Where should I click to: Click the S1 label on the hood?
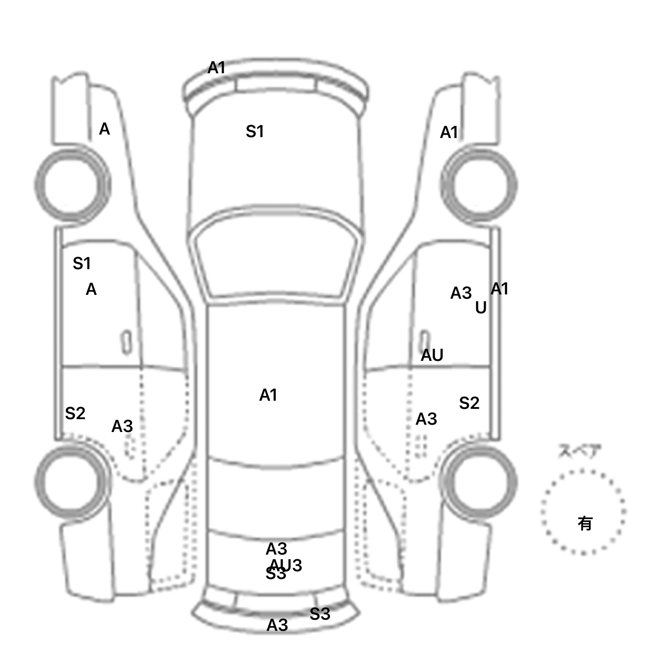tap(254, 132)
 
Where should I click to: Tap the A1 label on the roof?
tap(268, 395)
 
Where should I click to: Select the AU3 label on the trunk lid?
tap(286, 565)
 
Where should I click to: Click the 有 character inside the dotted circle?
tap(585, 523)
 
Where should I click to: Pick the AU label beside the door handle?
tap(432, 355)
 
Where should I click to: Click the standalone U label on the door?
tap(481, 308)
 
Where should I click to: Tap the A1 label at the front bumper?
tap(216, 68)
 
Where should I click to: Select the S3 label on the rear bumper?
tap(320, 614)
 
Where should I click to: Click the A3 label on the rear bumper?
tap(277, 626)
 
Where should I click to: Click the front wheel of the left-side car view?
tap(72, 185)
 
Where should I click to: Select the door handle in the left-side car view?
tap(126, 342)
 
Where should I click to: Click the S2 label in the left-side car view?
tap(75, 414)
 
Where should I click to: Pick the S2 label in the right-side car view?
tap(469, 403)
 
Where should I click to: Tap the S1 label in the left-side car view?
tap(81, 263)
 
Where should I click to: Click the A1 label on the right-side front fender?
tap(449, 133)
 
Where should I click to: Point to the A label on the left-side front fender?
tap(104, 129)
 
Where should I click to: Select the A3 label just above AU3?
tap(276, 549)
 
